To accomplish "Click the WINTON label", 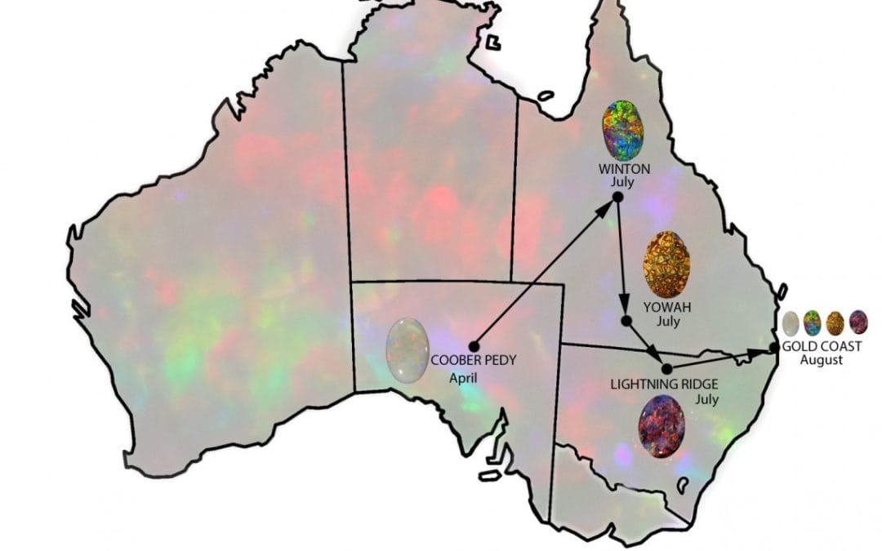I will [623, 169].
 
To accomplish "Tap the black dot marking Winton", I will [617, 197].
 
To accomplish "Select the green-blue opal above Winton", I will [623, 131].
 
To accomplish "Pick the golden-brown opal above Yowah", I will [661, 264].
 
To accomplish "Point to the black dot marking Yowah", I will [626, 320].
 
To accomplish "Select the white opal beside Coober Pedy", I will [408, 350].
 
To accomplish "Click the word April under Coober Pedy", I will [463, 378].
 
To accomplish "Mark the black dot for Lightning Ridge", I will [666, 368].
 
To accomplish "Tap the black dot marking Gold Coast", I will [775, 348].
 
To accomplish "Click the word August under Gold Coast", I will [822, 360].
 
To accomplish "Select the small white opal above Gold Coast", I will [789, 323].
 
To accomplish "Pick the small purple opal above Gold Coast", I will [858, 322].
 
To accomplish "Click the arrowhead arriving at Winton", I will [608, 207].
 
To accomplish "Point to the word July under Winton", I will [623, 182].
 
